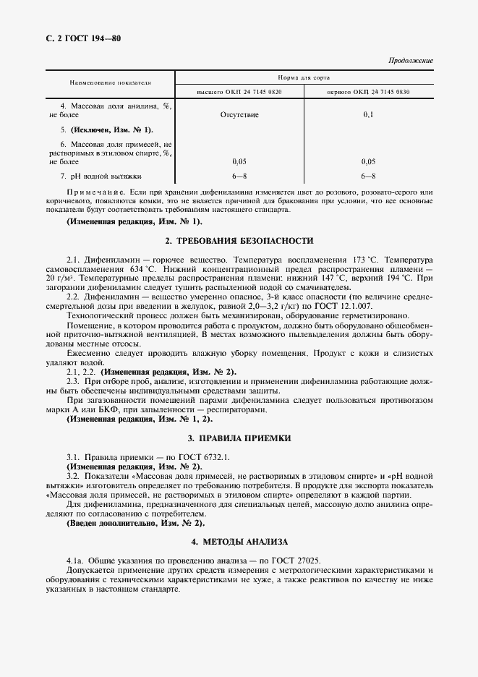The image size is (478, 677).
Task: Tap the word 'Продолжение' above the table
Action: pyautogui.click(x=411, y=61)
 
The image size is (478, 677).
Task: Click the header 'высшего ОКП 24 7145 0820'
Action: pyautogui.click(x=239, y=92)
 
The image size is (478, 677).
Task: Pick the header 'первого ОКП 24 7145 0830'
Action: pyautogui.click(x=369, y=92)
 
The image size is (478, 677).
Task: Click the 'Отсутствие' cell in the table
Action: pyautogui.click(x=239, y=114)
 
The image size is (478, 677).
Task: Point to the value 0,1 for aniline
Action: pyautogui.click(x=368, y=114)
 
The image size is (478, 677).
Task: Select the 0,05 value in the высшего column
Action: pyautogui.click(x=239, y=162)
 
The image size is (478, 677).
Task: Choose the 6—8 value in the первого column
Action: pyautogui.click(x=368, y=176)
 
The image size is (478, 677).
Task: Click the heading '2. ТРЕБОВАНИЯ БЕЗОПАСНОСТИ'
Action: pyautogui.click(x=239, y=240)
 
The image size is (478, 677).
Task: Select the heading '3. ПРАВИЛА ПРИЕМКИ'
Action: pyautogui.click(x=239, y=438)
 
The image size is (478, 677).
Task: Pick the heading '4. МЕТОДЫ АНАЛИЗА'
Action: pyautogui.click(x=239, y=542)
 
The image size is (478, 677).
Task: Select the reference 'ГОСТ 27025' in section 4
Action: pyautogui.click(x=297, y=561)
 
